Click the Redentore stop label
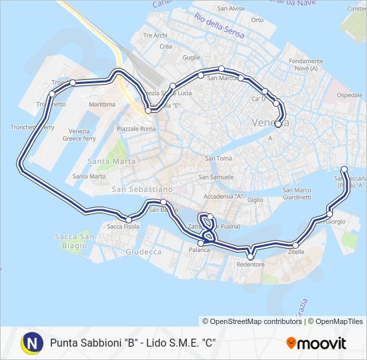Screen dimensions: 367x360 point(250,265)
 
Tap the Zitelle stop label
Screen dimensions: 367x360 point(296,252)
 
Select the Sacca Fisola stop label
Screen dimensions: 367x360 point(123,227)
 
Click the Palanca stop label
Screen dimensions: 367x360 point(199,250)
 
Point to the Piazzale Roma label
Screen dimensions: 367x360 point(136,128)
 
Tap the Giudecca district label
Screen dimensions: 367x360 point(143,252)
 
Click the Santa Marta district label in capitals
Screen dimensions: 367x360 point(111,161)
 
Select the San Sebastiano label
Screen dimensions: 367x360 point(142,190)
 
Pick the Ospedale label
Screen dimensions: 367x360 point(350,95)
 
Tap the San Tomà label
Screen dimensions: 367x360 point(218,158)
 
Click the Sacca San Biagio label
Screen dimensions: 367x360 point(74,241)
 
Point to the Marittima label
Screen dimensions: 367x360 point(101,105)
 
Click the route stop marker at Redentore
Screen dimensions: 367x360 point(251,256)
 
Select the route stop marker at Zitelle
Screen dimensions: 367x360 point(296,245)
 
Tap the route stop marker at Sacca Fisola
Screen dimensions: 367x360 point(129,219)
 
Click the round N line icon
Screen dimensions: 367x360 point(31,343)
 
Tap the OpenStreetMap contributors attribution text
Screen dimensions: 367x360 point(252,321)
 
